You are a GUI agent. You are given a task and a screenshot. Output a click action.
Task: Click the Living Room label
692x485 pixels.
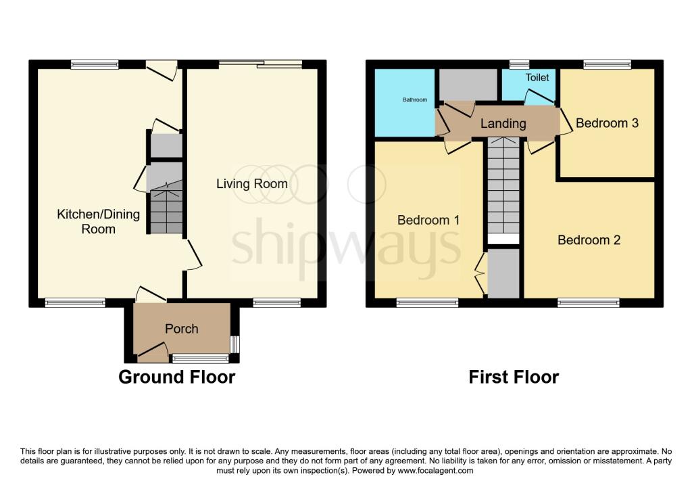pos(251,183)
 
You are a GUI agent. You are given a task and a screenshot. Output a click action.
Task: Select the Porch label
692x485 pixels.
pos(182,329)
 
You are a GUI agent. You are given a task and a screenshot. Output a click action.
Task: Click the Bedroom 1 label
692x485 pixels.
pos(428,220)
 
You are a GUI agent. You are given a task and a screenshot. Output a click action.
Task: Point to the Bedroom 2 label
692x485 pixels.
pos(589,239)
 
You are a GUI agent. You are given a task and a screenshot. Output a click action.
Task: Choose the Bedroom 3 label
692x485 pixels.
pos(607,123)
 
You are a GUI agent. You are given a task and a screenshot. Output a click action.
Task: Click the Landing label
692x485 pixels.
pos(503,123)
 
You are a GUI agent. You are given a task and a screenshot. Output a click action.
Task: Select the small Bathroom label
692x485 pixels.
pos(415,100)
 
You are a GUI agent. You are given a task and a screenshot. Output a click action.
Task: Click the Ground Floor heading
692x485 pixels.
pos(176,377)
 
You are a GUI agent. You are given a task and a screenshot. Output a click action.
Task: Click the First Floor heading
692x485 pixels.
pos(514,377)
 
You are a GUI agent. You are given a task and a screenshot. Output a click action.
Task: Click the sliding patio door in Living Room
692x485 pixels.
pos(260,64)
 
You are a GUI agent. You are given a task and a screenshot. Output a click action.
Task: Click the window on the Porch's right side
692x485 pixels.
pos(234,344)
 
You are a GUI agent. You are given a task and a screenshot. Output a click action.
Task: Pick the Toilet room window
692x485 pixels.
pos(519,64)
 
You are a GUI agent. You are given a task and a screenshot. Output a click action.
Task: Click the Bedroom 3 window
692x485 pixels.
pos(607,64)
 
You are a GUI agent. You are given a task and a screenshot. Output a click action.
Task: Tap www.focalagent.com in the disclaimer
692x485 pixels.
pos(435,471)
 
